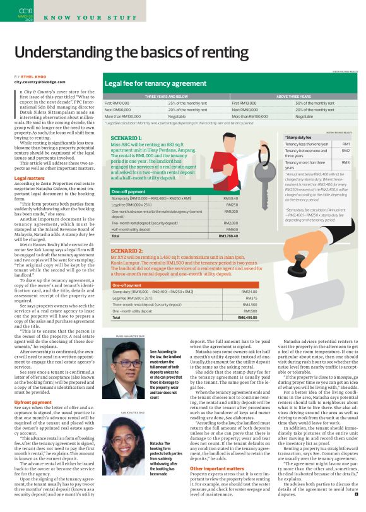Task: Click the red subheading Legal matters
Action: click(x=29, y=179)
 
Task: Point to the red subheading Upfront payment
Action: click(x=33, y=384)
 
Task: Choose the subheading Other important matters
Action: click(x=216, y=468)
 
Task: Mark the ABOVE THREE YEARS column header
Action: click(x=293, y=97)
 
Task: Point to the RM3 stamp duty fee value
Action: click(x=346, y=163)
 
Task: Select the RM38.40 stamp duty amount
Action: click(x=231, y=198)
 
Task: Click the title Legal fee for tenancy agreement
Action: click(x=155, y=83)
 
